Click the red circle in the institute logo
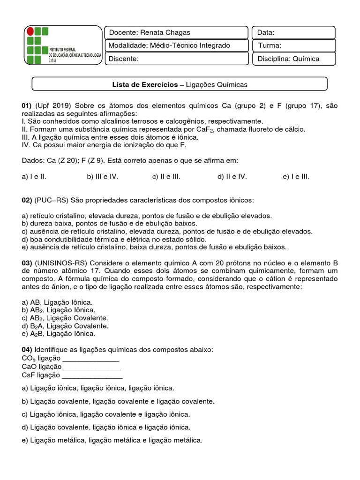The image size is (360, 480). [31, 32]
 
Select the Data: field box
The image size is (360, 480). [294, 32]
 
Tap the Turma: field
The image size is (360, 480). [294, 45]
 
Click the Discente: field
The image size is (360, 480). [175, 59]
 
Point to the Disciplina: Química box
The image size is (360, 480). [294, 59]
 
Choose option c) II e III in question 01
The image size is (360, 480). [166, 177]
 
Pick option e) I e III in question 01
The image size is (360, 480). [296, 177]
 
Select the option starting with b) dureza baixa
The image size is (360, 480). [109, 224]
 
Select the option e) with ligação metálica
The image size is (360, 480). [112, 440]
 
